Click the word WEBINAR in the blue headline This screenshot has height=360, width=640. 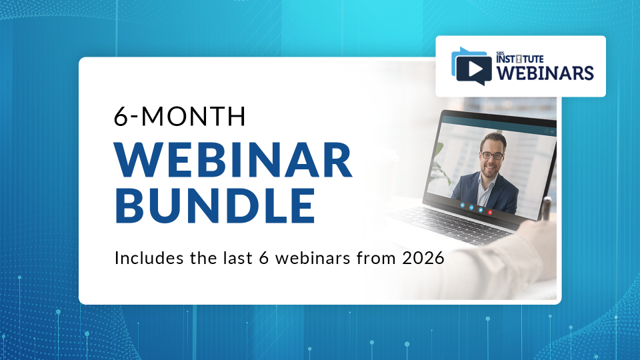[x=233, y=161]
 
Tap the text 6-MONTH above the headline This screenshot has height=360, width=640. [x=180, y=117]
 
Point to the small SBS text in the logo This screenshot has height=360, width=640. [x=501, y=53]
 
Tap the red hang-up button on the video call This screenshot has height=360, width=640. [x=491, y=211]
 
